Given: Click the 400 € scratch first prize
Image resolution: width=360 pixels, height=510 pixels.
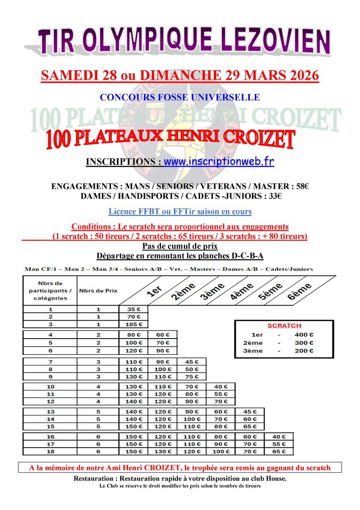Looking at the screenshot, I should pos(304,334).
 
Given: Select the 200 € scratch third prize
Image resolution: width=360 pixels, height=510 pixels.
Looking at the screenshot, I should pos(304,351).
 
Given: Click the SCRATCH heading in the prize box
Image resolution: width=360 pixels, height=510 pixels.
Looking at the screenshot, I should pos(284,326).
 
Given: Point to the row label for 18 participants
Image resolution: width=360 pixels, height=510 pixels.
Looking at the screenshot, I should pos(50,452).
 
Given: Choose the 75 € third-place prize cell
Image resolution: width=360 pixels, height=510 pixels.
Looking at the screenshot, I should pos(192,377).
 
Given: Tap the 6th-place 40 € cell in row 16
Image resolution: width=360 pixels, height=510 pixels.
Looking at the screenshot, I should pos(279,436).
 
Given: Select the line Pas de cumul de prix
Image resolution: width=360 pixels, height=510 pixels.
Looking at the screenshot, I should pos(180,246).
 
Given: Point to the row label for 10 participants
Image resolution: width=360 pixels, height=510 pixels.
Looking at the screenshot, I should pos(50,386).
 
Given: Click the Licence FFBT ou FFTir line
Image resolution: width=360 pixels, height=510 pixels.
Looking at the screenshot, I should pos(180,212).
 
